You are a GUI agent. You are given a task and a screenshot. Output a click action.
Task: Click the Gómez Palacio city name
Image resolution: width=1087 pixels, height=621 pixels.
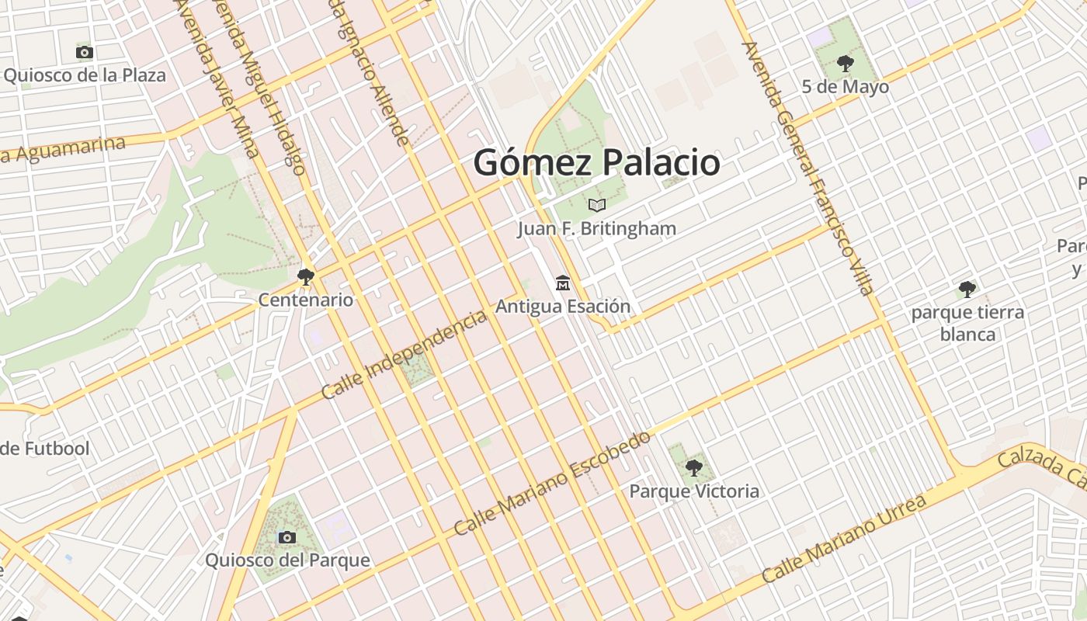(x=596, y=163)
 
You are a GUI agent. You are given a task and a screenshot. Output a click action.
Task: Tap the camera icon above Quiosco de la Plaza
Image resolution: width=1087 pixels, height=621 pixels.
(x=85, y=53)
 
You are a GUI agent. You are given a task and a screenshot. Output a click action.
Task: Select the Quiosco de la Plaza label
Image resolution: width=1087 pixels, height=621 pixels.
(x=85, y=75)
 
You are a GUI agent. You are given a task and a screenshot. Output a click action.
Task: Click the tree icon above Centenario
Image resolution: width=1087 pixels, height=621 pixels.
(x=306, y=276)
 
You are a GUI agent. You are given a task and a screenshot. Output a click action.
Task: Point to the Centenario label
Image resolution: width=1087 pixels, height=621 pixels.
(x=306, y=300)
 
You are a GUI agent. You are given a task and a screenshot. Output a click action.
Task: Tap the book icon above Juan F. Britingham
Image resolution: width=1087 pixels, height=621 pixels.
(x=596, y=205)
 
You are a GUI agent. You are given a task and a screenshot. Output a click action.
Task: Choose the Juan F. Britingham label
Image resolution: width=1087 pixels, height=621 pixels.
(x=596, y=229)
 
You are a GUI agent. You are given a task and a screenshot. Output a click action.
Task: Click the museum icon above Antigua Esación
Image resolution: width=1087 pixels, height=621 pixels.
(x=563, y=283)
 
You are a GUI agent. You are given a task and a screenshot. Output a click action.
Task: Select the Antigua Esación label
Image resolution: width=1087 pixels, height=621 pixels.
(x=563, y=307)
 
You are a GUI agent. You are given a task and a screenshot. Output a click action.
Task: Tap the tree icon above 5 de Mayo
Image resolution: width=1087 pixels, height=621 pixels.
(x=846, y=63)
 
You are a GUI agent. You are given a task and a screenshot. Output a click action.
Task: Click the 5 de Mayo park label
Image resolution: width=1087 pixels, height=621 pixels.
(x=846, y=86)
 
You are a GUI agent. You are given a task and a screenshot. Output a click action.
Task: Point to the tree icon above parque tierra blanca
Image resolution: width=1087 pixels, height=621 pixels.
(x=967, y=290)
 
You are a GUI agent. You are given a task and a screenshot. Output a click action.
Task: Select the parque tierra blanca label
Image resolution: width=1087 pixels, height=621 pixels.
(x=967, y=323)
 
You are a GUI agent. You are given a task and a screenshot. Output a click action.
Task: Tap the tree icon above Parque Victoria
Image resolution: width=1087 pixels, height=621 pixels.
(x=694, y=468)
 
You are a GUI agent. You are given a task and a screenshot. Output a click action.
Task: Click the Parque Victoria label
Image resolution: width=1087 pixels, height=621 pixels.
(x=694, y=491)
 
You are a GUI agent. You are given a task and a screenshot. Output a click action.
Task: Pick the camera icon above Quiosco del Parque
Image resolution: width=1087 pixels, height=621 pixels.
(x=287, y=537)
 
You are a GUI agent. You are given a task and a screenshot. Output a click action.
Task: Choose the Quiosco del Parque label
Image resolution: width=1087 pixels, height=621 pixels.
(x=287, y=560)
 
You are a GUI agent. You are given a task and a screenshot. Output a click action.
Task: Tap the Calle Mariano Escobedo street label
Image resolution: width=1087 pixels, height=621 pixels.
(x=552, y=483)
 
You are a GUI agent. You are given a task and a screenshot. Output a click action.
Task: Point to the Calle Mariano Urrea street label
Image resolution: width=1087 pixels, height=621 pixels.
(x=844, y=538)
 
